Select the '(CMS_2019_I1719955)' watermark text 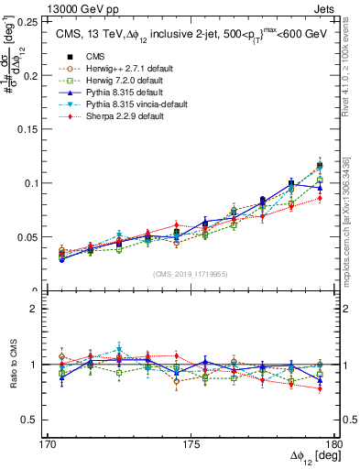pos(190,273)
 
